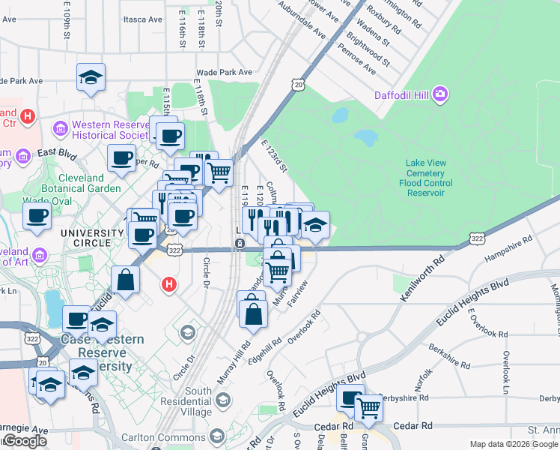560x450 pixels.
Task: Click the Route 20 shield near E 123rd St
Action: point(298,86)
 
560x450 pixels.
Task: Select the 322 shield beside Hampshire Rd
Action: point(477,237)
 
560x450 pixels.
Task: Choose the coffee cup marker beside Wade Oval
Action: point(37,215)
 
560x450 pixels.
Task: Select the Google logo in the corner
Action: point(24,441)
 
